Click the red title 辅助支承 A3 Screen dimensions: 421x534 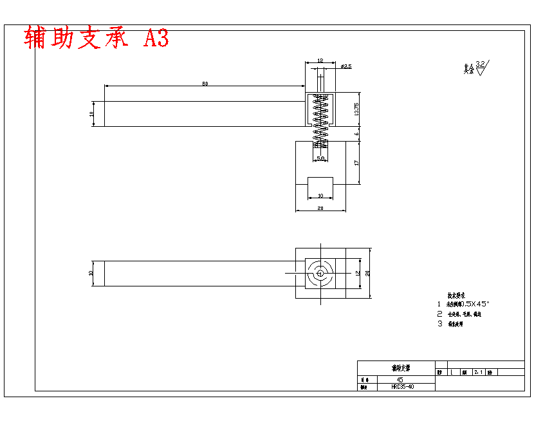[97, 39]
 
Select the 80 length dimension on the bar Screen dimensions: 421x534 [205, 84]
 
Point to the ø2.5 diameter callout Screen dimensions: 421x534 [345, 66]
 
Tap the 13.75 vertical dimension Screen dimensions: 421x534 [356, 109]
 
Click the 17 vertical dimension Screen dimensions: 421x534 [356, 163]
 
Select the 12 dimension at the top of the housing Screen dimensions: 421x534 [320, 61]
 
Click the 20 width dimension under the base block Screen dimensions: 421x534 [320, 208]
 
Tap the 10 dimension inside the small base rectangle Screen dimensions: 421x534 [320, 195]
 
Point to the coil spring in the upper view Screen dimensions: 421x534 [320, 122]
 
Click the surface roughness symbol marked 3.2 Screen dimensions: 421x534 [481, 65]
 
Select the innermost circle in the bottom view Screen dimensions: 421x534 [320, 273]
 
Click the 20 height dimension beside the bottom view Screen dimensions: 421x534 [367, 273]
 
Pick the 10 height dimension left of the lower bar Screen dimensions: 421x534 [91, 273]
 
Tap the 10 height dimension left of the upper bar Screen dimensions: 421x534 [91, 114]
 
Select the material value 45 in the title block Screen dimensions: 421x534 [400, 380]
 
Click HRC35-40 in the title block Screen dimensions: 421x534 [403, 387]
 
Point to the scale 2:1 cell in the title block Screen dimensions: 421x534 [478, 372]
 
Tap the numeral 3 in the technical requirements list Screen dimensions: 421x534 [439, 324]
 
